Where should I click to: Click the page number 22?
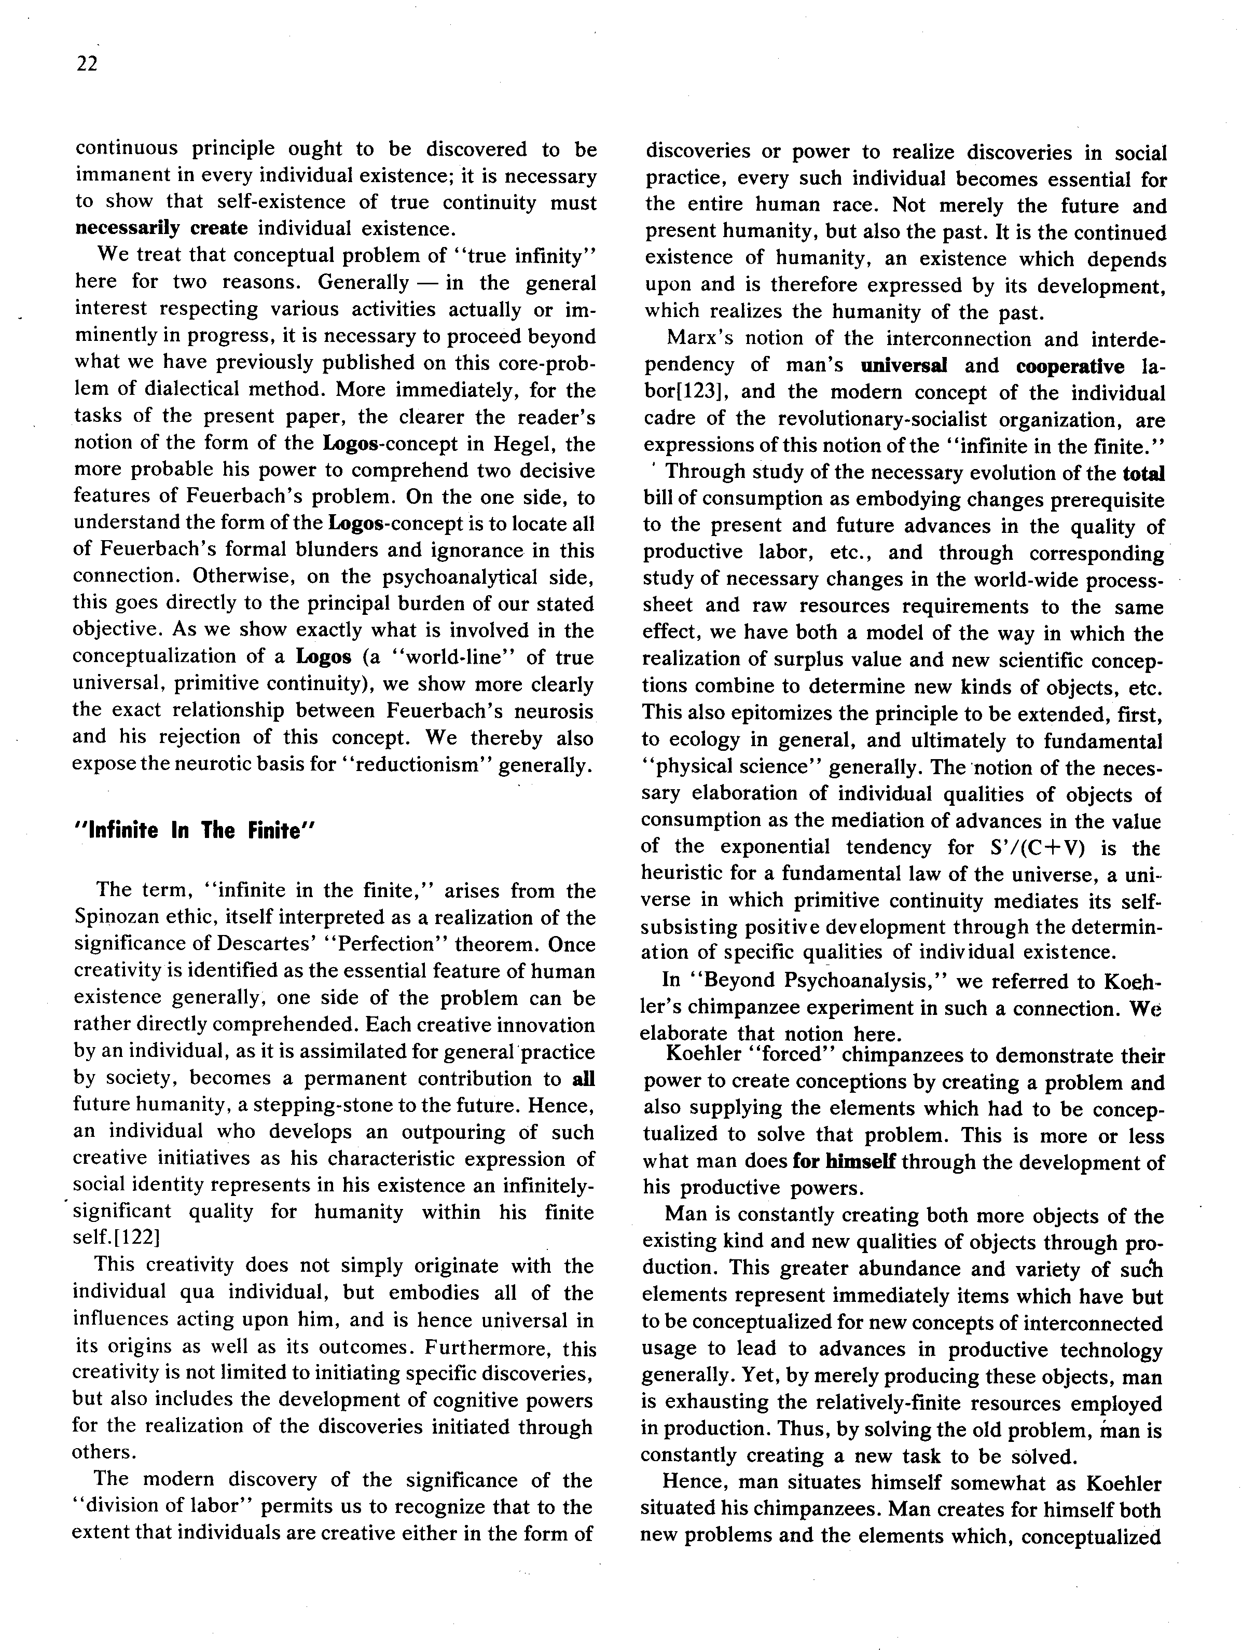pyautogui.click(x=87, y=64)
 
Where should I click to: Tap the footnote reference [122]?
pyautogui.click(x=131, y=1237)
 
